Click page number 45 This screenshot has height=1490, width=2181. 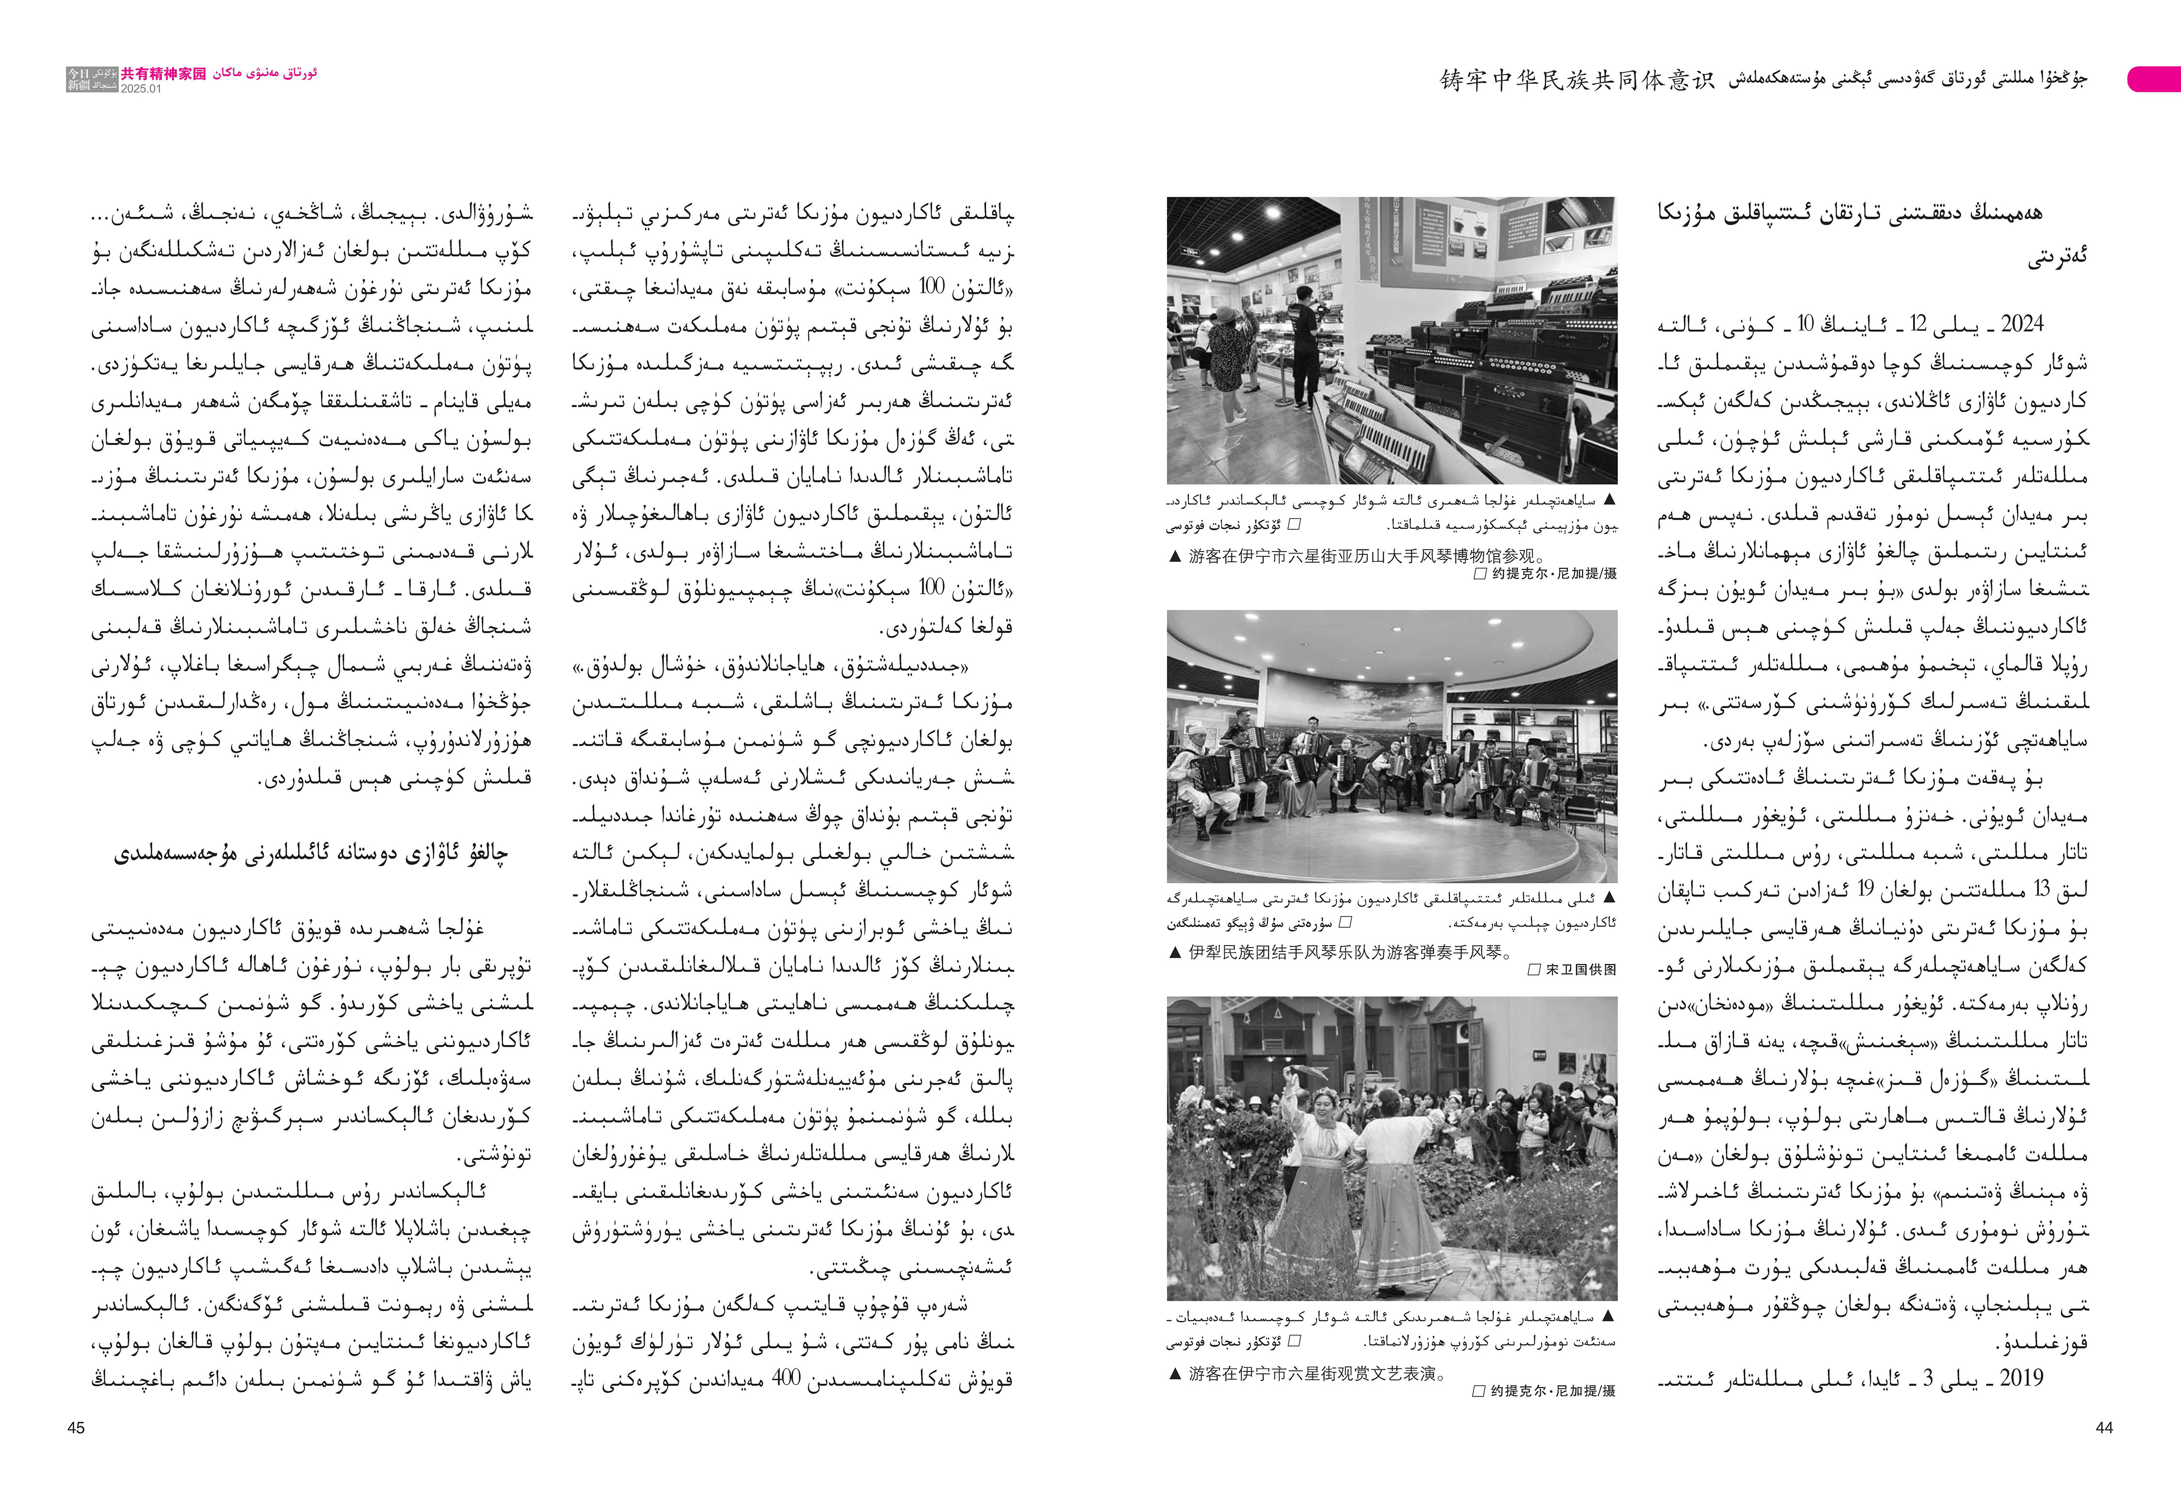(x=76, y=1427)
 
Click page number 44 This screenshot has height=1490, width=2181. (x=2104, y=1427)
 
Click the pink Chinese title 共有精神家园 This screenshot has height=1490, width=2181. (x=163, y=73)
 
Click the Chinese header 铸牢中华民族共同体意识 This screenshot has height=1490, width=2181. (x=1577, y=80)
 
